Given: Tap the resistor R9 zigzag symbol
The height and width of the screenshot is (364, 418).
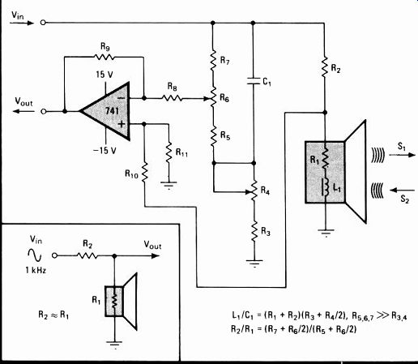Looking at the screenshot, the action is [x=104, y=57].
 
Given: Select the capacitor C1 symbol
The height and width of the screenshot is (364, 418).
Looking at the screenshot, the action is [x=253, y=80].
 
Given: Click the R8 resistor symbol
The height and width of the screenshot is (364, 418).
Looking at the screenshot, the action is [x=172, y=98].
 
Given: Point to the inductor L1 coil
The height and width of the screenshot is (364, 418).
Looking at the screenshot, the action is [x=326, y=186].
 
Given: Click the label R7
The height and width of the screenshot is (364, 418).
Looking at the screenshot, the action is [x=224, y=60].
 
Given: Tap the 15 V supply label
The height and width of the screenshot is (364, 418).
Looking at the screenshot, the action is [x=104, y=74].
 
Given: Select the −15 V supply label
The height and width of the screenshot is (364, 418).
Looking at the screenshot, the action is [x=104, y=150].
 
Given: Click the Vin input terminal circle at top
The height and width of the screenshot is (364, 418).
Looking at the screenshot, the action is [x=43, y=23].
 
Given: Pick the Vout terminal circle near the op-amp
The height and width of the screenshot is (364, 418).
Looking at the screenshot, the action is [x=43, y=111].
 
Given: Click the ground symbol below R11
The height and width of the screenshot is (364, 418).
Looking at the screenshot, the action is [x=168, y=185].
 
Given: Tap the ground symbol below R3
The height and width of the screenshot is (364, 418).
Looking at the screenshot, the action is [x=254, y=263].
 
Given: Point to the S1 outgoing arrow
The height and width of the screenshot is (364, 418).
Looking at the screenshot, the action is [x=403, y=155].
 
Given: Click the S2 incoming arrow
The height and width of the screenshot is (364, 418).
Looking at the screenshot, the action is [x=403, y=191].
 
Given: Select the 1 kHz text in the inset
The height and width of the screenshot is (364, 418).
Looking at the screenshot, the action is [x=36, y=270].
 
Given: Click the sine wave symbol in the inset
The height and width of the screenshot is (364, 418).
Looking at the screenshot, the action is [x=35, y=255].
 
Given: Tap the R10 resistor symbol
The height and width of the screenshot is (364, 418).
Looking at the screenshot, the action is [x=145, y=171].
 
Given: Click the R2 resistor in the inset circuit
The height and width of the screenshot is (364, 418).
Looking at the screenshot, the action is [x=87, y=255].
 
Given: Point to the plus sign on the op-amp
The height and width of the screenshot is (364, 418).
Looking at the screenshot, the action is [x=122, y=124].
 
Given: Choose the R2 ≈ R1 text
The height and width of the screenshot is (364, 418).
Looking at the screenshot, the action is [x=53, y=315].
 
